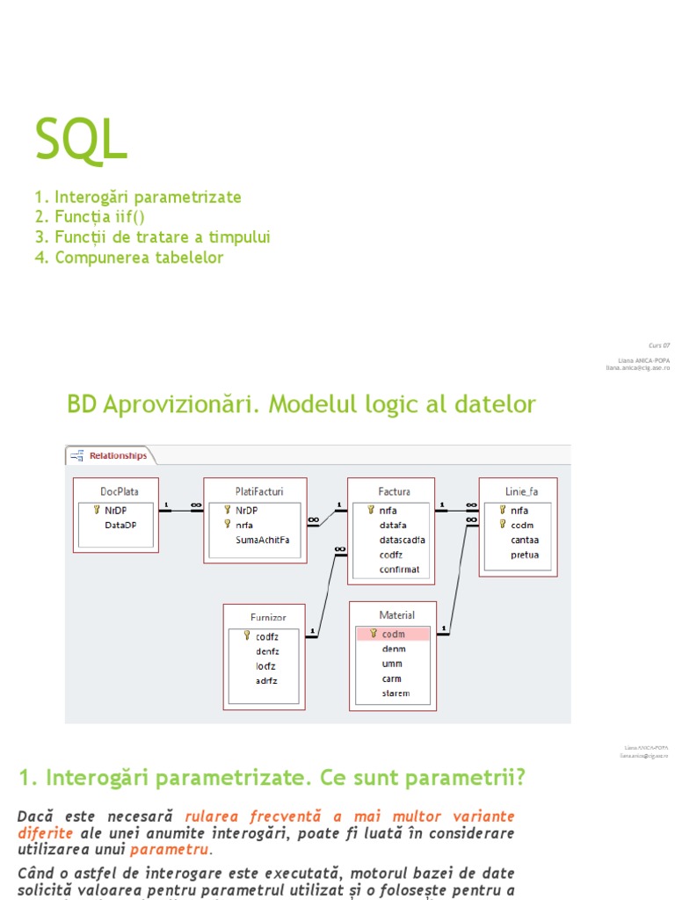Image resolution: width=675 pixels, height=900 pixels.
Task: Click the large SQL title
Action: tap(81, 139)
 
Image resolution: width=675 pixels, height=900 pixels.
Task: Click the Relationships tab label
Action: tap(117, 456)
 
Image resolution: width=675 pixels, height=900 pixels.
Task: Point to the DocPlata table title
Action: tap(119, 491)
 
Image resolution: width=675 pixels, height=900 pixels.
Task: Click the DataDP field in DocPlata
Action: tap(120, 525)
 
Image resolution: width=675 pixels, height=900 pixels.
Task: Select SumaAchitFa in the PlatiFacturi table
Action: tap(262, 540)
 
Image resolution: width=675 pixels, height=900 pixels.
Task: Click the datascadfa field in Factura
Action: tap(402, 540)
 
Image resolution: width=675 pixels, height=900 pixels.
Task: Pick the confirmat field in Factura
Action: tap(399, 570)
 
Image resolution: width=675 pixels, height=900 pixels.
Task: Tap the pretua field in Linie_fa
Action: tap(525, 555)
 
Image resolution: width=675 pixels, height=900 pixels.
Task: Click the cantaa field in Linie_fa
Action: tap(525, 540)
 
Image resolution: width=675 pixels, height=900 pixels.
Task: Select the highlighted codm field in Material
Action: tap(393, 634)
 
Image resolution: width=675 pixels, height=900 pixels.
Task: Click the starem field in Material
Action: tap(396, 693)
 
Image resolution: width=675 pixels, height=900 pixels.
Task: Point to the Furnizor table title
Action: tap(265, 617)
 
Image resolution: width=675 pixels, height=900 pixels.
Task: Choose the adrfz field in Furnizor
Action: tap(266, 680)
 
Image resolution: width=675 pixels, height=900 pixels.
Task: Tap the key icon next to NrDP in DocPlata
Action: tap(97, 509)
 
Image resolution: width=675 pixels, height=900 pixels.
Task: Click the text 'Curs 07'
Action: tap(659, 345)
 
